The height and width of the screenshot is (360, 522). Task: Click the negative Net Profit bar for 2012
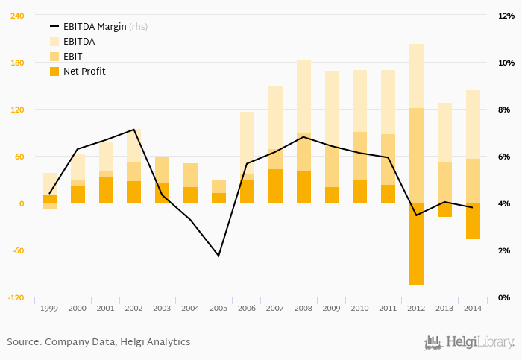(x=416, y=244)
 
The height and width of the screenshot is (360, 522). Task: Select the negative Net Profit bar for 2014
(x=473, y=221)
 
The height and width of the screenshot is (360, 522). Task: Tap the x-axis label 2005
(x=218, y=308)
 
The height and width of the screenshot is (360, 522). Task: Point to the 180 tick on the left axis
(x=16, y=63)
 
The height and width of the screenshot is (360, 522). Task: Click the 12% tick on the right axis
(x=505, y=16)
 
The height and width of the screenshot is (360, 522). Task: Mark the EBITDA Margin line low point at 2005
(x=218, y=256)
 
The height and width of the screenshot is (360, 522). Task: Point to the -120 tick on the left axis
(x=15, y=297)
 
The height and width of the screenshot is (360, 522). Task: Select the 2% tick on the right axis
(x=505, y=250)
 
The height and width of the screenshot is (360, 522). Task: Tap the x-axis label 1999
(x=49, y=308)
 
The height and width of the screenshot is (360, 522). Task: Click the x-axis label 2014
(x=473, y=308)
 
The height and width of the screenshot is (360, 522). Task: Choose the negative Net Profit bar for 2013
(x=444, y=210)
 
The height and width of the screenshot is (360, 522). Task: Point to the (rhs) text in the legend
(x=139, y=27)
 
